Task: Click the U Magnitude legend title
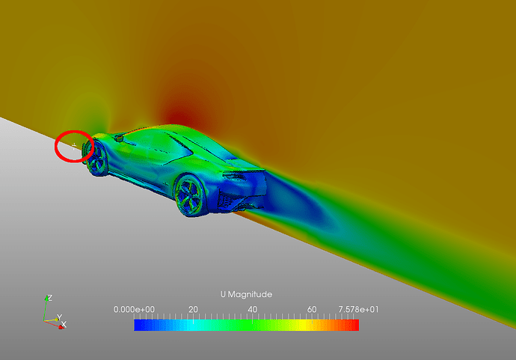click(246, 294)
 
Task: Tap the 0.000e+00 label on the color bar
click(134, 309)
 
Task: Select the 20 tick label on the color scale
click(193, 309)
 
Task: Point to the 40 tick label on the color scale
click(253, 309)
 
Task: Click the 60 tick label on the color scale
click(312, 309)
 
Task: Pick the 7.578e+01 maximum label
click(358, 309)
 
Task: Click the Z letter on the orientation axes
click(49, 298)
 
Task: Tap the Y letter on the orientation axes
click(59, 317)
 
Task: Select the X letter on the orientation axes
click(64, 324)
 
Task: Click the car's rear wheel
click(190, 195)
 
